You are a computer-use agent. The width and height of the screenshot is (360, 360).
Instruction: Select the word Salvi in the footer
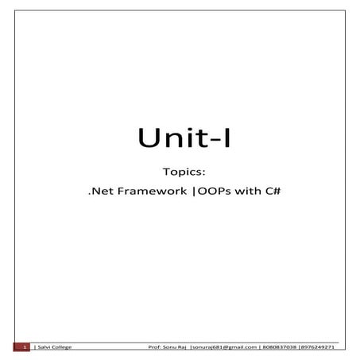[x=42, y=347]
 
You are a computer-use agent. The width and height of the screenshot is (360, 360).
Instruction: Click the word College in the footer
[x=60, y=347]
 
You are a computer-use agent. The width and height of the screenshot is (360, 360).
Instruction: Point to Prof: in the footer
[x=156, y=347]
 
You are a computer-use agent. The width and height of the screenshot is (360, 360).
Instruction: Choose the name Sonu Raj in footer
[x=176, y=347]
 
